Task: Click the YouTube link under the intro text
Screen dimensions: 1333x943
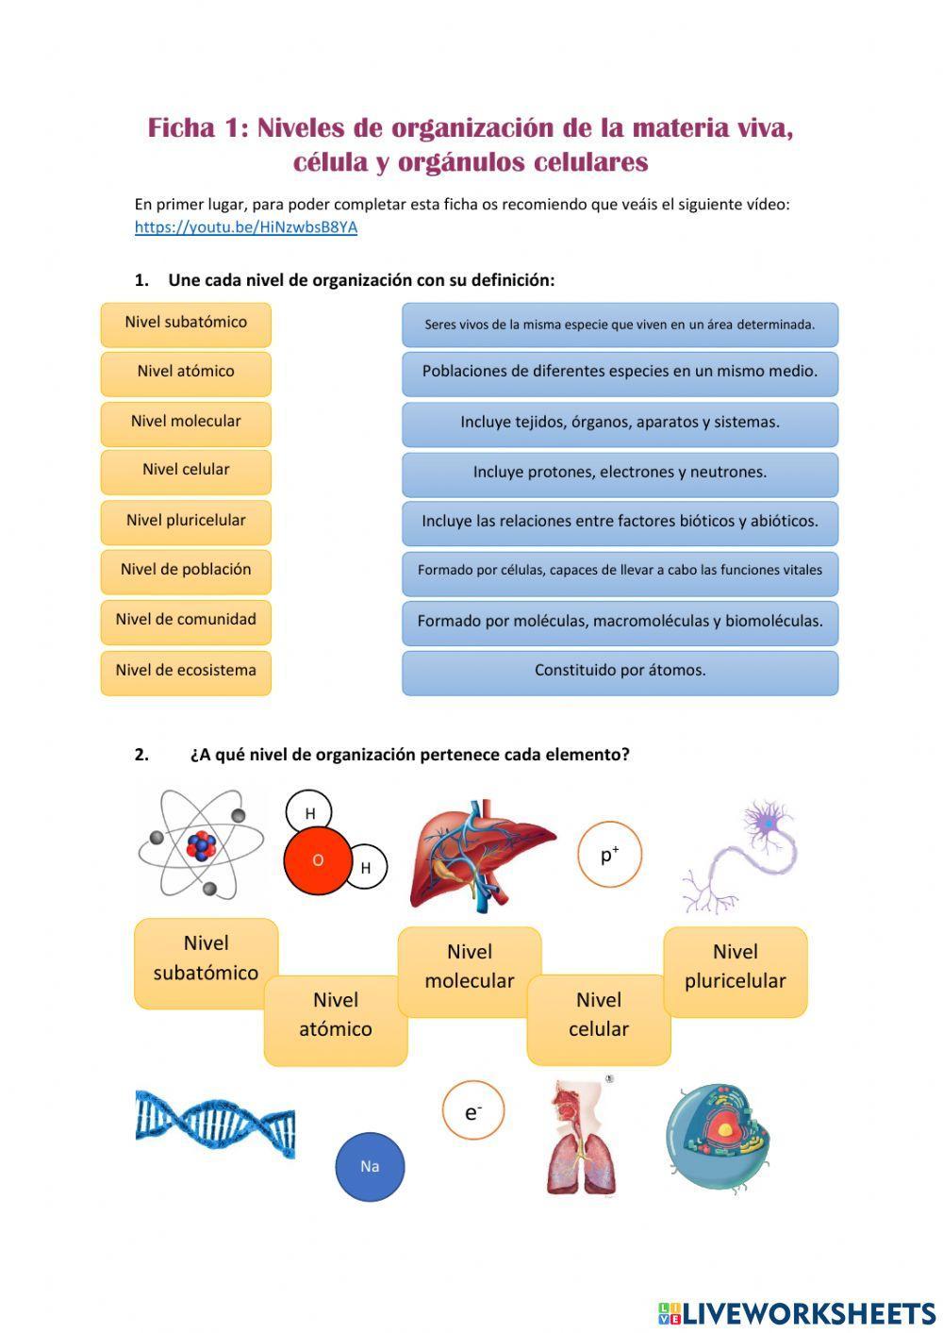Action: click(x=245, y=227)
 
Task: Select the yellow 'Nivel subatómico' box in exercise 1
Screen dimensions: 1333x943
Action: click(x=186, y=324)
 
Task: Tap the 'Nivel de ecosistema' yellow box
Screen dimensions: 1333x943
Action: click(x=186, y=672)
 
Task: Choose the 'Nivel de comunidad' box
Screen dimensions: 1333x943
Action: click(x=186, y=621)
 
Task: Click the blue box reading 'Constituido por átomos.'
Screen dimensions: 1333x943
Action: click(x=620, y=672)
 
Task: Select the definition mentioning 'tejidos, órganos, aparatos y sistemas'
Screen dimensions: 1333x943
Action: click(x=620, y=423)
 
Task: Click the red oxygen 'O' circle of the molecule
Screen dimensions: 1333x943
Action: click(x=318, y=860)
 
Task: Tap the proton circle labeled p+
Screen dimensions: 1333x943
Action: click(x=609, y=855)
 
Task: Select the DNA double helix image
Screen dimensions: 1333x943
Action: click(x=215, y=1124)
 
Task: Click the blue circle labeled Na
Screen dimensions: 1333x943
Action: click(x=370, y=1167)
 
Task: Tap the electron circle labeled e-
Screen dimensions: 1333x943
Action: click(x=473, y=1111)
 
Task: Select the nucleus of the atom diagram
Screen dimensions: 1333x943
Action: click(x=201, y=845)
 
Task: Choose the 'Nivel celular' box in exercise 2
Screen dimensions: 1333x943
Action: click(x=599, y=1016)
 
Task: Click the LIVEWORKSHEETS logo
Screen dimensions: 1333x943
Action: click(x=797, y=1313)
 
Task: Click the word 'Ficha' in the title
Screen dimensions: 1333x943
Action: click(x=181, y=128)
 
